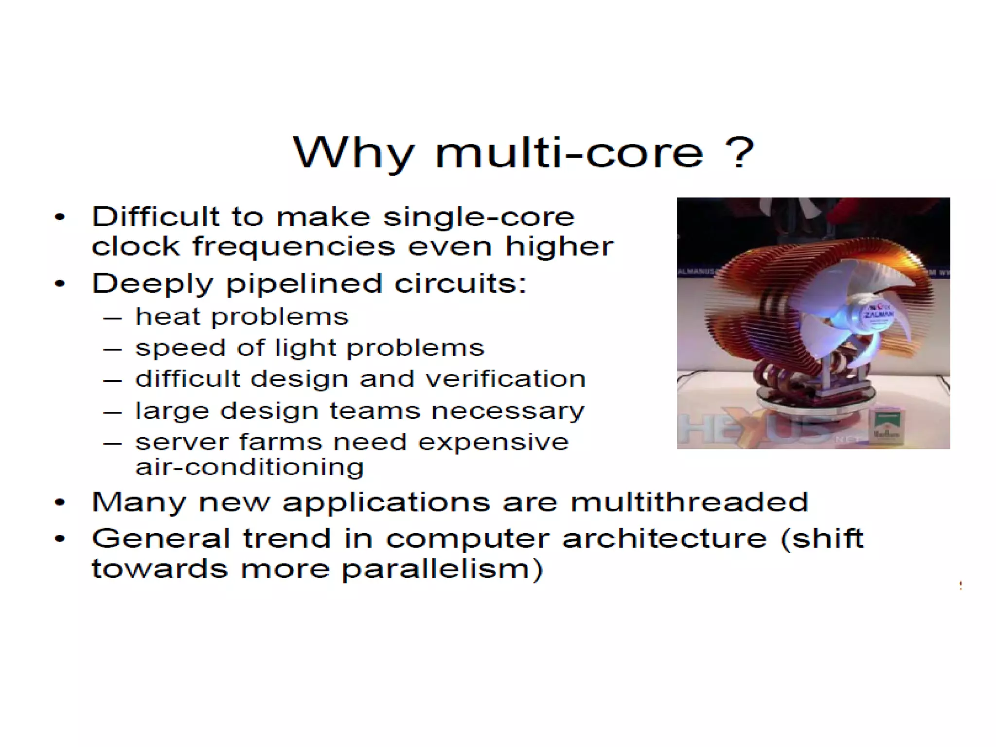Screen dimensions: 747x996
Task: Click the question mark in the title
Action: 739,153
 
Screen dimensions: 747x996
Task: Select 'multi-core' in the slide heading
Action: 569,153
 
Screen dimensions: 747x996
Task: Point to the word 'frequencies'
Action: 294,247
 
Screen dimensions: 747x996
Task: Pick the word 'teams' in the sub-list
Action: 374,411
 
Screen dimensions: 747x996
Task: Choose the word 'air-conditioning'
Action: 249,467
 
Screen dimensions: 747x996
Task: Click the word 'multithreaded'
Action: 690,502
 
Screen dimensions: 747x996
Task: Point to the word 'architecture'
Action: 664,539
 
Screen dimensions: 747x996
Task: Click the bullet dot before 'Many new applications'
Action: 60,503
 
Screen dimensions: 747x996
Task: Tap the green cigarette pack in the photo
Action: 886,427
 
